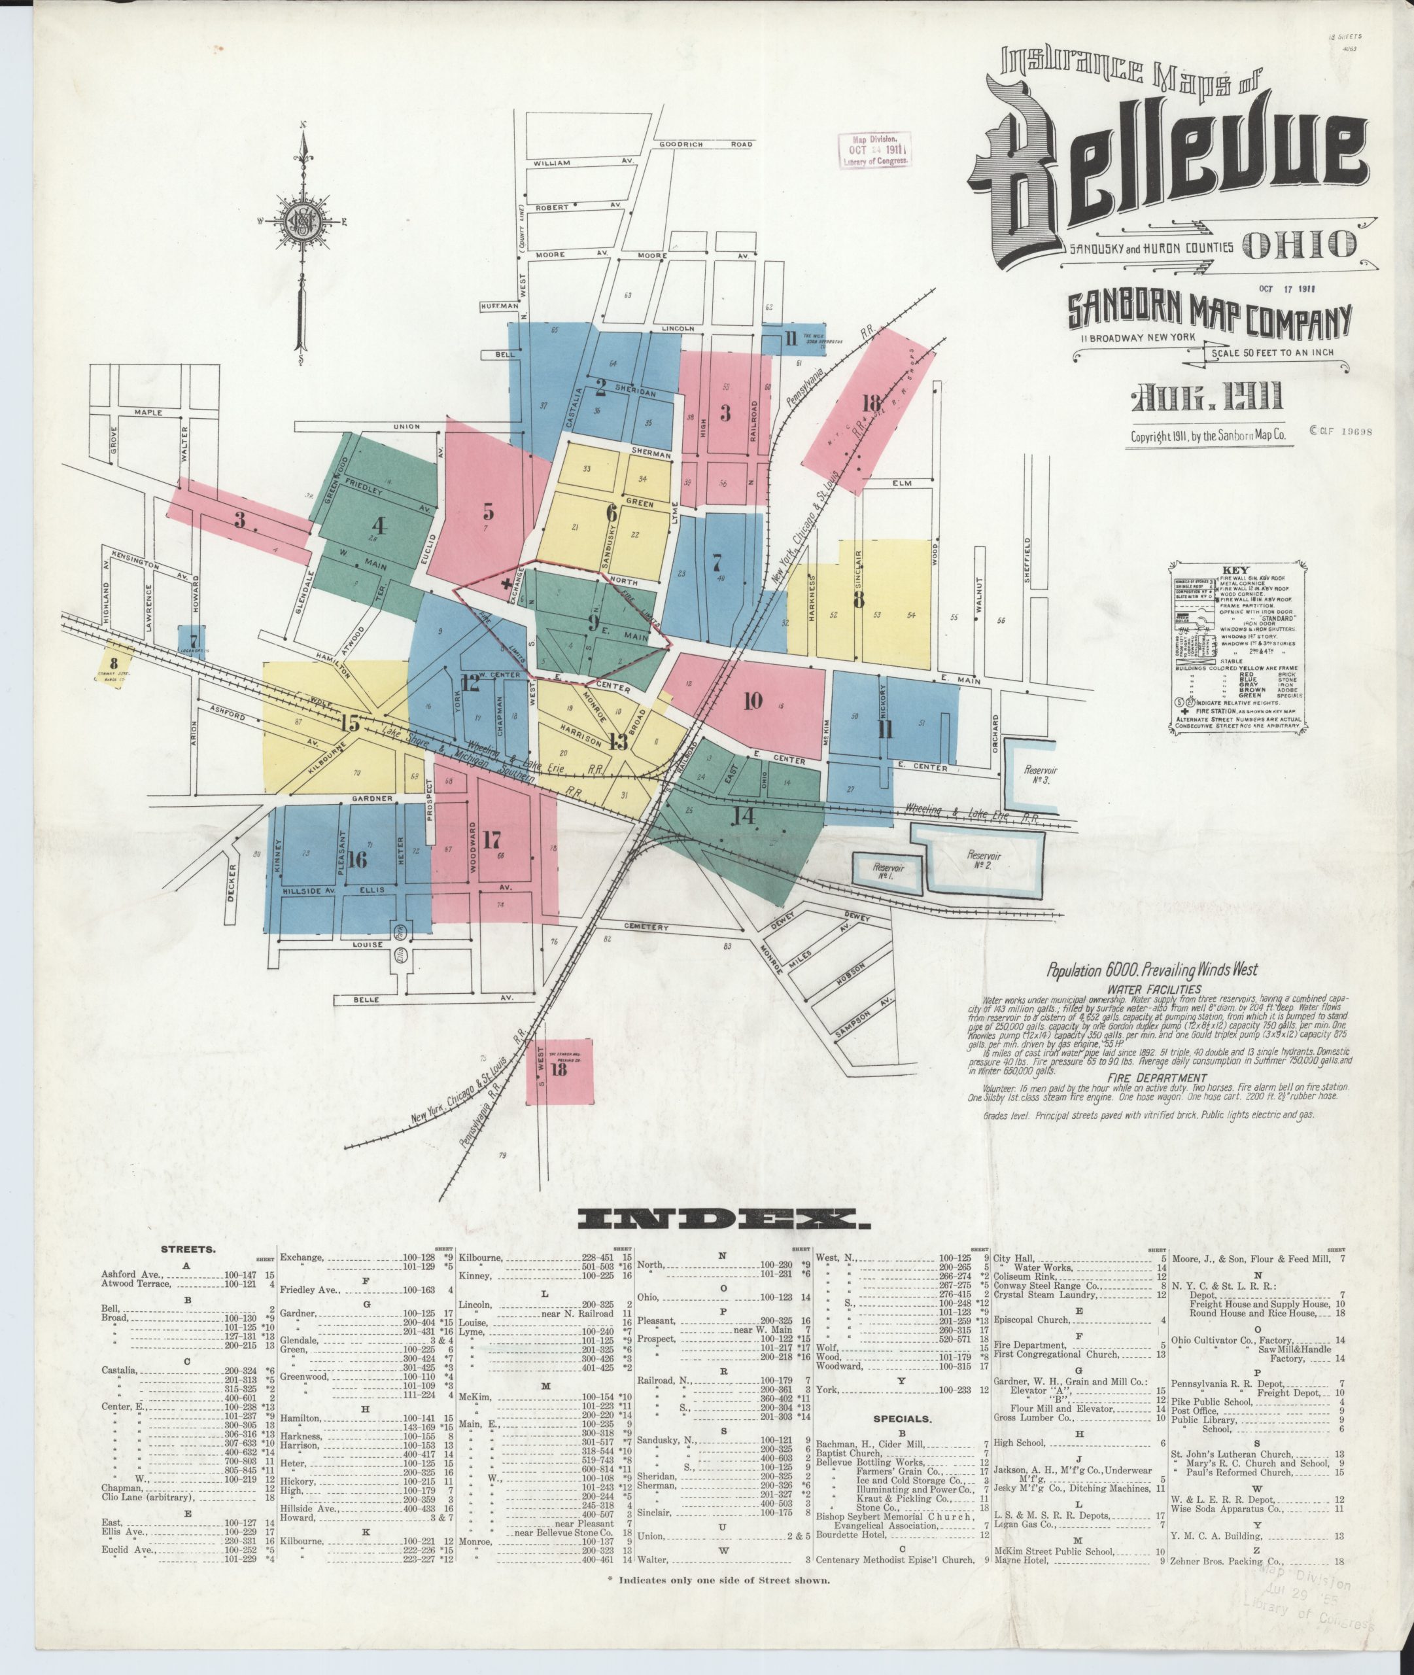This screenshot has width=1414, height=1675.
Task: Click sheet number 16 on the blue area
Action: click(x=358, y=860)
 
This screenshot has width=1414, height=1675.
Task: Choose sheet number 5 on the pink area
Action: click(x=487, y=511)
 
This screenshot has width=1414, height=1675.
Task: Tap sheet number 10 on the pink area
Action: click(x=753, y=701)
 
